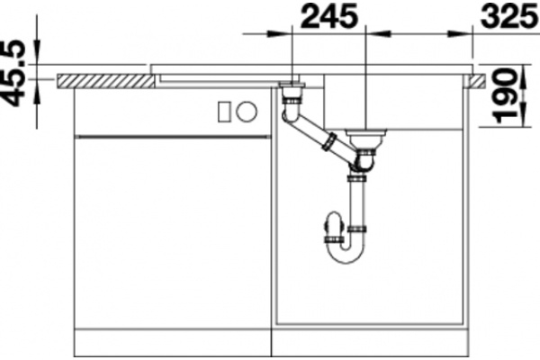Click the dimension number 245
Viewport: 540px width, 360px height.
coord(329,16)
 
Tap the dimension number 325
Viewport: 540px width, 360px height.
coord(510,16)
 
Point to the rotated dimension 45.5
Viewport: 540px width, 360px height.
coord(13,73)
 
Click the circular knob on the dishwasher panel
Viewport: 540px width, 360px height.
coord(247,112)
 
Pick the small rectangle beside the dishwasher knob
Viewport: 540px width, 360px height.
coord(224,112)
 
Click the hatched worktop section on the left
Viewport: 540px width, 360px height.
coord(105,81)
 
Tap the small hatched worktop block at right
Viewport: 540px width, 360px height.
coord(475,81)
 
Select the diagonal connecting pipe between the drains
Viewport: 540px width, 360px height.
coord(320,136)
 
